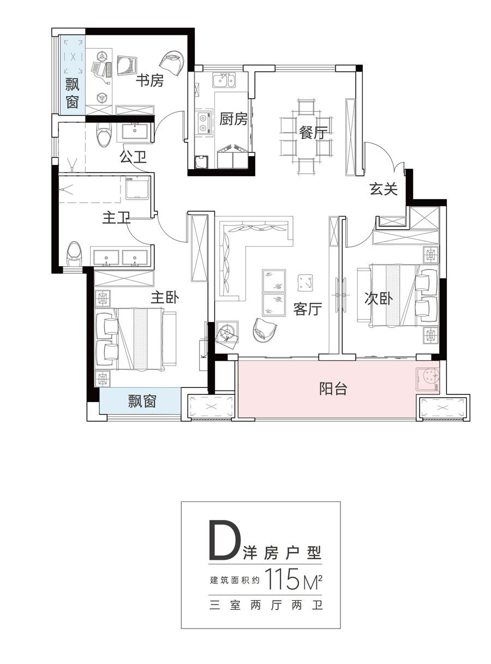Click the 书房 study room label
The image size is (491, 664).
coord(149,81)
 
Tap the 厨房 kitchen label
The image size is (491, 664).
coord(233,119)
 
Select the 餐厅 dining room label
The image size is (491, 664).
coord(313,132)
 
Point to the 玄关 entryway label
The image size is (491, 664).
coord(384,189)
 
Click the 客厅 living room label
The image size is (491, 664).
coord(308,309)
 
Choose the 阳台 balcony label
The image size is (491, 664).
coord(333,388)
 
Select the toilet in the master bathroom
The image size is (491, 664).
coord(74,254)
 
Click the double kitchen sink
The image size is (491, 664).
coord(223,81)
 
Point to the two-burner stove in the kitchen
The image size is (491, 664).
coord(204,123)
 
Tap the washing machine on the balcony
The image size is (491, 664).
coord(428,379)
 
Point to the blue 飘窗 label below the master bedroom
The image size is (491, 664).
coord(142,401)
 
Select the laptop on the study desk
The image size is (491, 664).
coord(100,69)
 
